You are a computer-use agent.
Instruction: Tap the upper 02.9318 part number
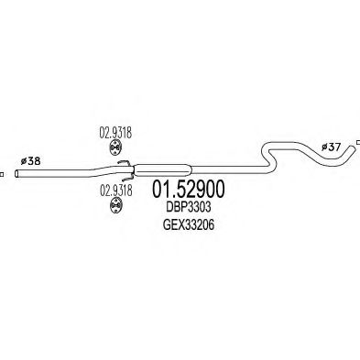(111, 132)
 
